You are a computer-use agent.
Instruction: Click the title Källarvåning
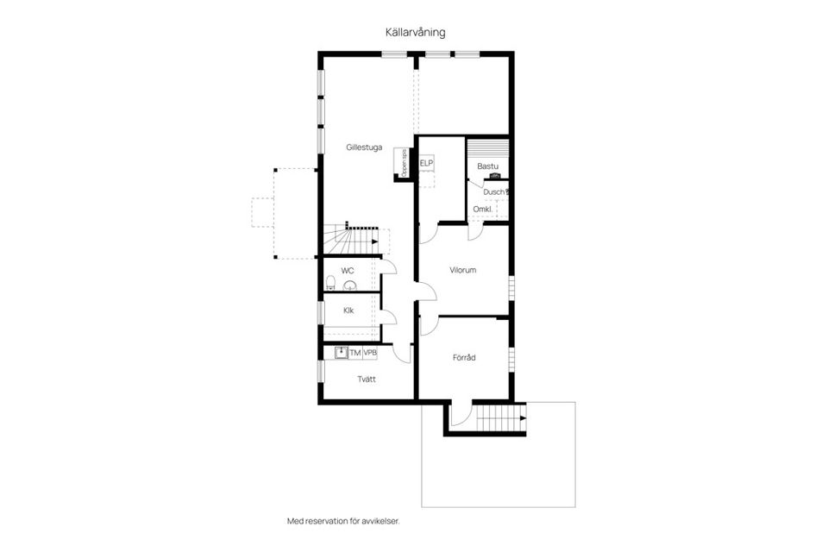click(x=415, y=32)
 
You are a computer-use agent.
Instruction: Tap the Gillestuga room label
click(x=364, y=147)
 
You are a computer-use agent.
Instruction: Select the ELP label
click(x=426, y=163)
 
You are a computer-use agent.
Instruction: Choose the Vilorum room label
click(x=462, y=270)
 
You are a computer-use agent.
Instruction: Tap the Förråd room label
click(x=464, y=357)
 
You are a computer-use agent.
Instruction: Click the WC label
click(x=348, y=271)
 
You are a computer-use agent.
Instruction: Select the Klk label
click(x=348, y=310)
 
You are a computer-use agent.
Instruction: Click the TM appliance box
click(x=354, y=353)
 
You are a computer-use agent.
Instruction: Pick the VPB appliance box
click(x=370, y=353)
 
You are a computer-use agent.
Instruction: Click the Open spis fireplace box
click(x=400, y=163)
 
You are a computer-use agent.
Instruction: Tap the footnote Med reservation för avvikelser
click(x=343, y=522)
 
